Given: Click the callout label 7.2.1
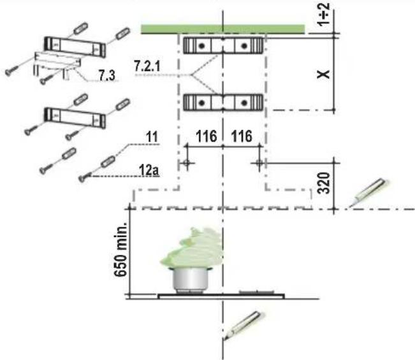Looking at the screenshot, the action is coord(147,66).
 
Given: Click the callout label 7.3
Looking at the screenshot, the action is coord(107,76).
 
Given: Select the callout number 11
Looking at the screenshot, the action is coord(152,137).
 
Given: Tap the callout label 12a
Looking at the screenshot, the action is coord(149,170).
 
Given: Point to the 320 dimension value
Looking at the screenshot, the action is coord(324,183).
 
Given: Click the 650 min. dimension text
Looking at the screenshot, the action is coord(120,250).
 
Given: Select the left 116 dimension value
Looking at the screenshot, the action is coord(206,136).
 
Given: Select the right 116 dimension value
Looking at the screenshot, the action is coord(242,136).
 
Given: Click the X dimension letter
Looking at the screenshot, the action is coord(323,75).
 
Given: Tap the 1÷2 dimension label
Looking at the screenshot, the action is coord(324,14).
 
